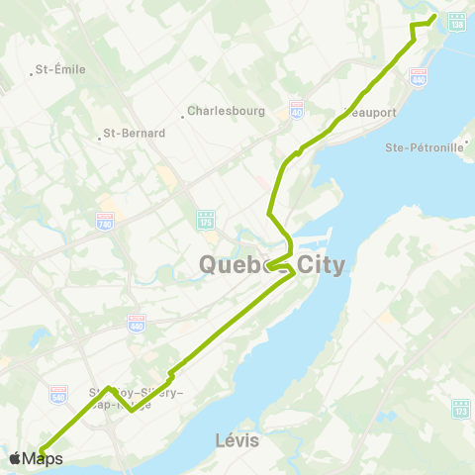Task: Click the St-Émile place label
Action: click(60, 69)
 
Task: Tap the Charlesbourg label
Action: click(226, 112)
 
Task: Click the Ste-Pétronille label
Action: click(424, 148)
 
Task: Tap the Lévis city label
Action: click(237, 438)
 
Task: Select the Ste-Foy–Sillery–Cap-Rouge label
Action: click(134, 399)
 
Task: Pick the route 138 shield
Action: click(456, 20)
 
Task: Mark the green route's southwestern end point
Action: click(42, 453)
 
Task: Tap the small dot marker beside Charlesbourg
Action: click(183, 116)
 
